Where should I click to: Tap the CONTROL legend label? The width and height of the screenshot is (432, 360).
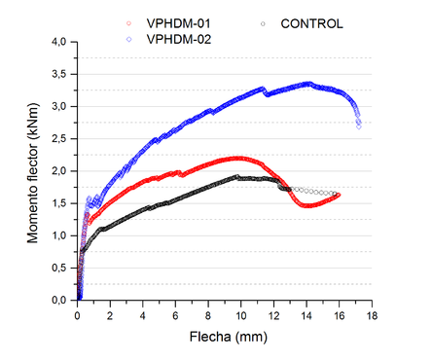point(310,22)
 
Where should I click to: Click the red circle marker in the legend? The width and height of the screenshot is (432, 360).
point(130,22)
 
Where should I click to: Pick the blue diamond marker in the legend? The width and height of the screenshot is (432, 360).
point(130,39)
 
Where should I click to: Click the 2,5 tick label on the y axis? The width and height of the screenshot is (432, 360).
point(60,138)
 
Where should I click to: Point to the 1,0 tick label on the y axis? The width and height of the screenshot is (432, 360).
point(60,235)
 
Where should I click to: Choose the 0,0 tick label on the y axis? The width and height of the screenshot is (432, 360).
point(60,300)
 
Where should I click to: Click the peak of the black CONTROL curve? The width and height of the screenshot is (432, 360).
point(237,177)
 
